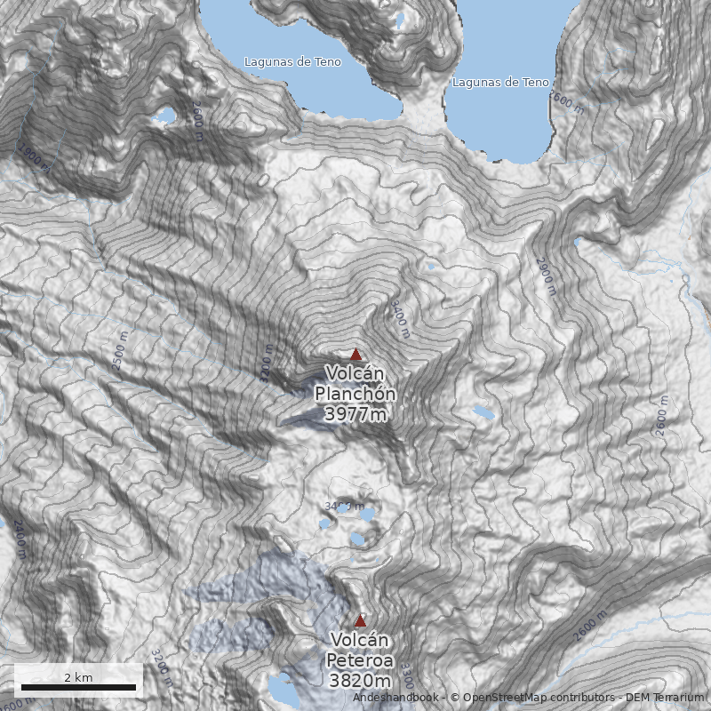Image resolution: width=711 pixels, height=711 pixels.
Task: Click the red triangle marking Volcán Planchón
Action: [355, 354]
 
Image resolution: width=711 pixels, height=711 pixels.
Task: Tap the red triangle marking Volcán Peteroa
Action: [360, 620]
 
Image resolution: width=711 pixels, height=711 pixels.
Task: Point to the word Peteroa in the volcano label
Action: [359, 660]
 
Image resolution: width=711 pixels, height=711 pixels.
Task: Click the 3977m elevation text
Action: [355, 414]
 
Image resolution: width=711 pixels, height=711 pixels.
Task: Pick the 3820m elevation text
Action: [359, 681]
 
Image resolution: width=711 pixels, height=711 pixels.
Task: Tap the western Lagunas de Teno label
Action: [292, 62]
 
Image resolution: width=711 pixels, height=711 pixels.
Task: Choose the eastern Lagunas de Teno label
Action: [500, 83]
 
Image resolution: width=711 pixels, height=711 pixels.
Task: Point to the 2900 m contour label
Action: [544, 276]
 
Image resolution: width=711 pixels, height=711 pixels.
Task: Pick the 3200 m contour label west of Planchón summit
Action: [265, 363]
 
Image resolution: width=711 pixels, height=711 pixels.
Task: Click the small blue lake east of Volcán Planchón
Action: [483, 412]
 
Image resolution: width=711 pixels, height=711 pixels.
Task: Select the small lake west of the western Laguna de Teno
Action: [164, 116]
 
